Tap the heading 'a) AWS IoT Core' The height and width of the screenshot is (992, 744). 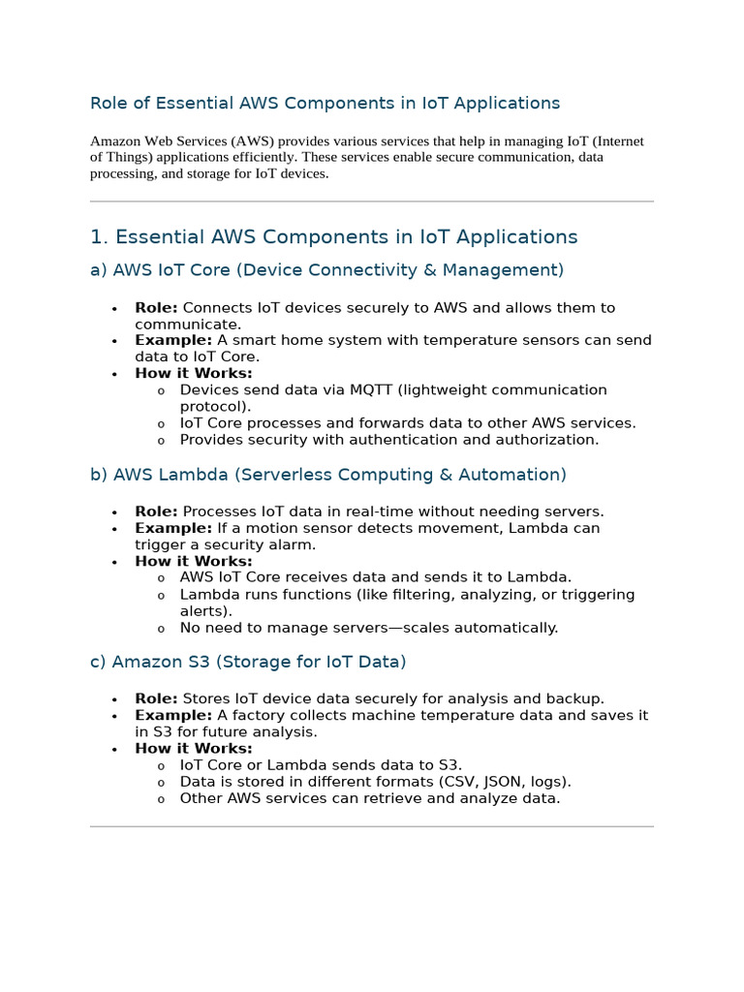coord(326,270)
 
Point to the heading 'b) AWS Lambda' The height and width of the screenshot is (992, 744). coord(327,475)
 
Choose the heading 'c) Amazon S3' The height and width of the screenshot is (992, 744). coord(248,662)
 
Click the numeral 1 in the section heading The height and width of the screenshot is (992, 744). coord(96,237)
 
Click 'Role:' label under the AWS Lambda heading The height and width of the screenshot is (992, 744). coord(156,511)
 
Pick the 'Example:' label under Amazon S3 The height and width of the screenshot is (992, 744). coord(173,715)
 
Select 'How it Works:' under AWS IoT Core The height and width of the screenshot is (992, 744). coord(194,373)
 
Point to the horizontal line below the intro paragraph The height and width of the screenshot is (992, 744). coord(372,201)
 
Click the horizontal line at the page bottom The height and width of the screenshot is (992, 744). coord(372,826)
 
